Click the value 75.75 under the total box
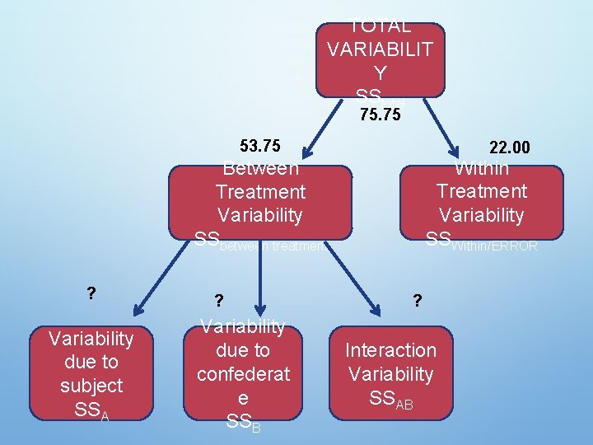(381, 115)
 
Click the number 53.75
(260, 147)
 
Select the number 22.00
(510, 148)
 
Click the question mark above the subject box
(91, 292)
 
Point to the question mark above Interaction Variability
(418, 301)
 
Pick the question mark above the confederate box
(218, 301)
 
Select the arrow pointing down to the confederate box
(259, 280)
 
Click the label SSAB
(390, 400)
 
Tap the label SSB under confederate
(243, 422)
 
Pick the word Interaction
(390, 350)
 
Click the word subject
(91, 386)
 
